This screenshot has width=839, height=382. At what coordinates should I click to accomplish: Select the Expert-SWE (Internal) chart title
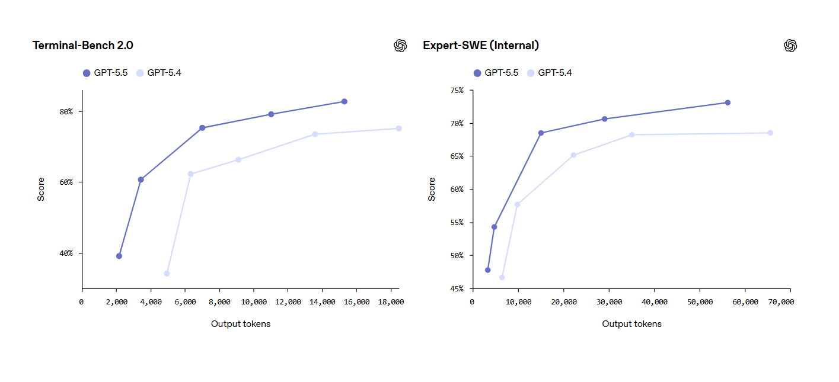coord(481,46)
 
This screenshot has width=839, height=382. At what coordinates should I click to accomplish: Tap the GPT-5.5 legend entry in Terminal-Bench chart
coord(105,73)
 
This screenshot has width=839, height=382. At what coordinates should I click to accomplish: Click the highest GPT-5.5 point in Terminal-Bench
coord(344,102)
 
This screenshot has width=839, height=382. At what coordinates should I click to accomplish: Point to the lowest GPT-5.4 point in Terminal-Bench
coord(167,274)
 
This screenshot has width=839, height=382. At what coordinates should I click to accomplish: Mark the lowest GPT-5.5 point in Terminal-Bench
coord(119,256)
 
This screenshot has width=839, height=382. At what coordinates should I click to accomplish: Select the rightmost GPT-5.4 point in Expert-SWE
coord(770,133)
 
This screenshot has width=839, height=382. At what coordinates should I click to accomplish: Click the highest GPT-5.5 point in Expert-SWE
coord(728,102)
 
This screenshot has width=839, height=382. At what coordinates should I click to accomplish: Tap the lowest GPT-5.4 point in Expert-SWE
coord(502,277)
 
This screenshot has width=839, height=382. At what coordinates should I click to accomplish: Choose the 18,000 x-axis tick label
coord(391,301)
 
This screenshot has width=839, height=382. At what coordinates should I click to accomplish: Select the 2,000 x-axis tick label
coord(116,301)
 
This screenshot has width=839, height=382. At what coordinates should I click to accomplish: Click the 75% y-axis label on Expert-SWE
coord(457,90)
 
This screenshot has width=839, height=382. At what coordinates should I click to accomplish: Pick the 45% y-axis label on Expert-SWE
coord(457,288)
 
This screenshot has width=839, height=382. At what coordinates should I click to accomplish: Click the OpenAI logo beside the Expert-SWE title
coord(790,46)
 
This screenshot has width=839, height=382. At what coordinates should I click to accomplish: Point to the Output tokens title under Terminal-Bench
coord(241,324)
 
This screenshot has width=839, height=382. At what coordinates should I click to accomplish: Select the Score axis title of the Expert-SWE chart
coord(432,190)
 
